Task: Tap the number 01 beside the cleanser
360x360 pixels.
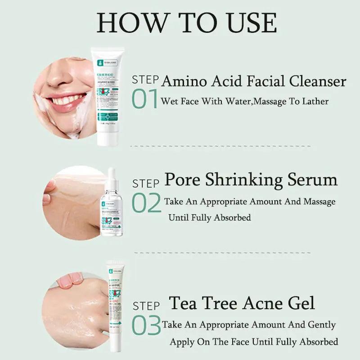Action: point(144,99)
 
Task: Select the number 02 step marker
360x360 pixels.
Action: point(146,203)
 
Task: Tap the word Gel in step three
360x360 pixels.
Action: point(301,303)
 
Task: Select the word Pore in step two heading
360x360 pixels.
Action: point(183,180)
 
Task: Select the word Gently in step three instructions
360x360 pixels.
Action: point(321,324)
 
